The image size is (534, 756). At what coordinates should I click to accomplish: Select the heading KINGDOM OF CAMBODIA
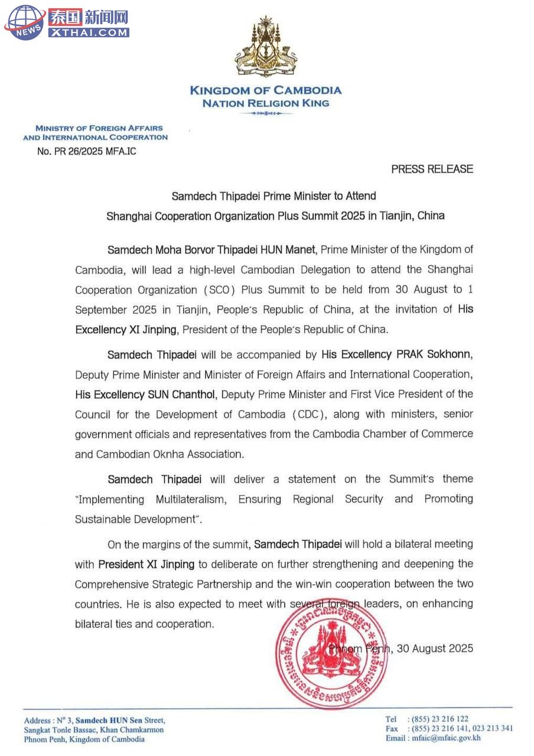[x=265, y=90]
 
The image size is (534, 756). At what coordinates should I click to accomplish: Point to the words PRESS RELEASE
[x=432, y=169]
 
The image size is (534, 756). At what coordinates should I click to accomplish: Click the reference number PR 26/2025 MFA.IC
[x=86, y=151]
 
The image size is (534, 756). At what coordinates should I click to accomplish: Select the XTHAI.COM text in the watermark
[x=88, y=33]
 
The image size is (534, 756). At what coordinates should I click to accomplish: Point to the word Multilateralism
[x=191, y=499]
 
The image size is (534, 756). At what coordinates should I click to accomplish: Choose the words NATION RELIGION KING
[x=265, y=103]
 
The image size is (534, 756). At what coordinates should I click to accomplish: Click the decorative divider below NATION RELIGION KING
[x=265, y=113]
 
